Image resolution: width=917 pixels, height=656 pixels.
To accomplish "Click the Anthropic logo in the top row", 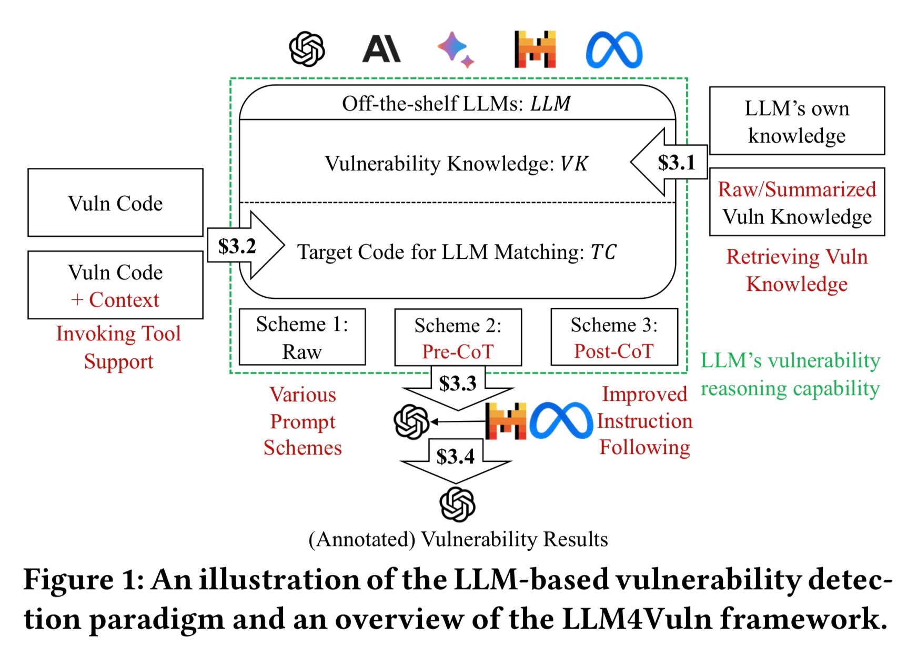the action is (x=381, y=49).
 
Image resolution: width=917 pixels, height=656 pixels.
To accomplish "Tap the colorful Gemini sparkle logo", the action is (x=456, y=49).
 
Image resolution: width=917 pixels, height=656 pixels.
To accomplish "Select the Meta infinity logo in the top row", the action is (x=614, y=50).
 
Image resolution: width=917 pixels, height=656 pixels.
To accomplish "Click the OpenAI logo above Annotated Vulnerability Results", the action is (x=457, y=504).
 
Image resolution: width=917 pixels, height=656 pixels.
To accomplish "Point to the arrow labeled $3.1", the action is (x=669, y=162).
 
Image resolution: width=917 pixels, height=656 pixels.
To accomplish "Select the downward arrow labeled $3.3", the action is (x=458, y=388).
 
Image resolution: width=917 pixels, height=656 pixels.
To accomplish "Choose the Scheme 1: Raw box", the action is (x=302, y=337).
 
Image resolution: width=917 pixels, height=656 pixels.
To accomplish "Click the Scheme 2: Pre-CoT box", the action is (x=458, y=337).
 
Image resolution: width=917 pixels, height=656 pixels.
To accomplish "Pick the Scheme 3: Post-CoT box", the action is (x=614, y=337).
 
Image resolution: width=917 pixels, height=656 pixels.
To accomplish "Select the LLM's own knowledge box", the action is (x=797, y=121).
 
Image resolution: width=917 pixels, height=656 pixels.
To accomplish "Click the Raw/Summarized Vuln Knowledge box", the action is (x=797, y=202).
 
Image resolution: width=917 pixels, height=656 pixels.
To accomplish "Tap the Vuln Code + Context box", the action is (x=115, y=285).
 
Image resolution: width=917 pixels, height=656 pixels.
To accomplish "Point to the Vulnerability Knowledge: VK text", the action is (x=457, y=164).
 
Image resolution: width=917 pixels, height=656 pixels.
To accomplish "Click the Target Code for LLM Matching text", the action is (x=457, y=252).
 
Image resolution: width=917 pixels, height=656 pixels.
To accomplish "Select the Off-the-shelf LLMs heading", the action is (x=457, y=104).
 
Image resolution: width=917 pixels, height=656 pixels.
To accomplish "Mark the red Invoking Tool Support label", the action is (x=118, y=347).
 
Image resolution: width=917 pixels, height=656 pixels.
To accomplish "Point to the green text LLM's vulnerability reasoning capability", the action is (x=790, y=375).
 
